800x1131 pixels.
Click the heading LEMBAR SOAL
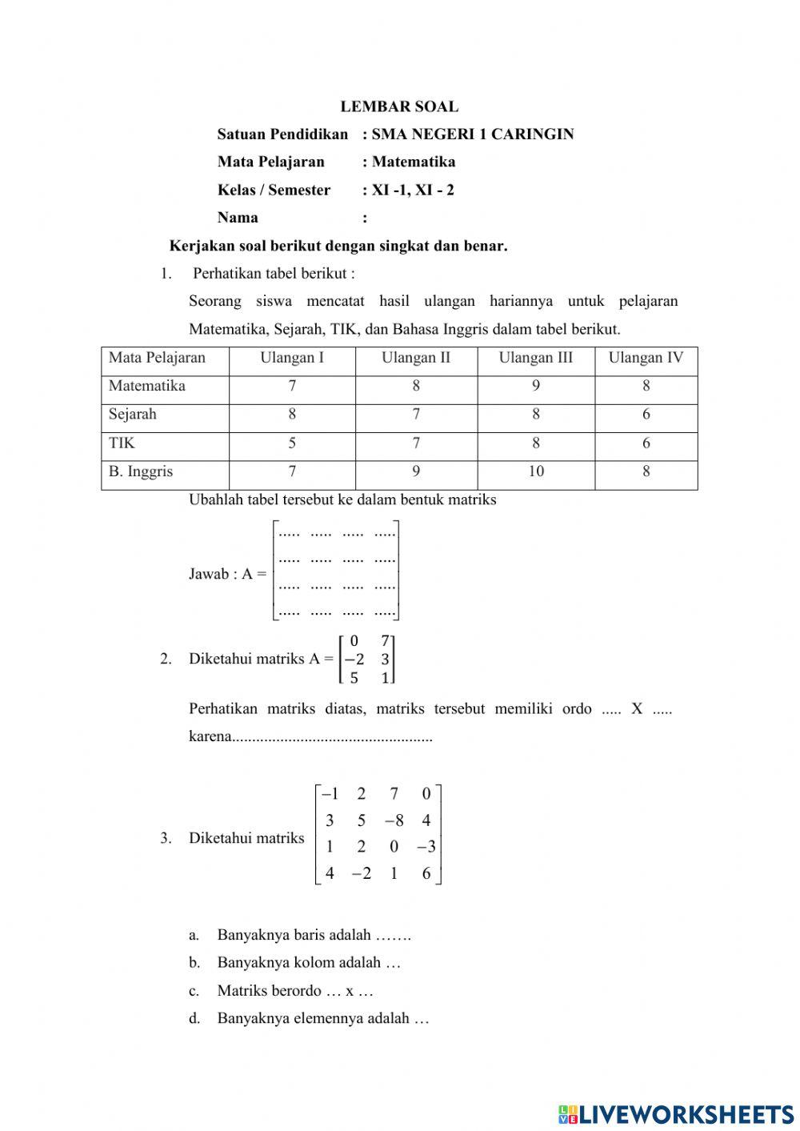point(399,106)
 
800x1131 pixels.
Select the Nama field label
point(238,218)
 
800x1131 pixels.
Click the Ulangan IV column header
point(646,358)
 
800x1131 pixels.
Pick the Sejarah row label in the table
point(133,415)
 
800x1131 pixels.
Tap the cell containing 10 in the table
point(536,471)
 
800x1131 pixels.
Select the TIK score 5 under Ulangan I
point(292,443)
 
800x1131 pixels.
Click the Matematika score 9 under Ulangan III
point(536,386)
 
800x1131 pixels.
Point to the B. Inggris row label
point(141,471)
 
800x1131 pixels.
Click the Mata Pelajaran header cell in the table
point(157,358)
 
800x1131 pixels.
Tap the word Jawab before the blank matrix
point(208,574)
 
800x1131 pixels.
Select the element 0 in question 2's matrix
point(354,640)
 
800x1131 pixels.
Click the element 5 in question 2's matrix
point(354,678)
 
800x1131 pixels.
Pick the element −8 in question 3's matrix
point(394,820)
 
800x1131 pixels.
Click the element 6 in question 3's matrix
point(426,873)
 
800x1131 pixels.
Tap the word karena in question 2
point(210,736)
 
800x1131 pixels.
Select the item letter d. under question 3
point(194,1019)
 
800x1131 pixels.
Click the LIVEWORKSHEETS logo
point(676,1114)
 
